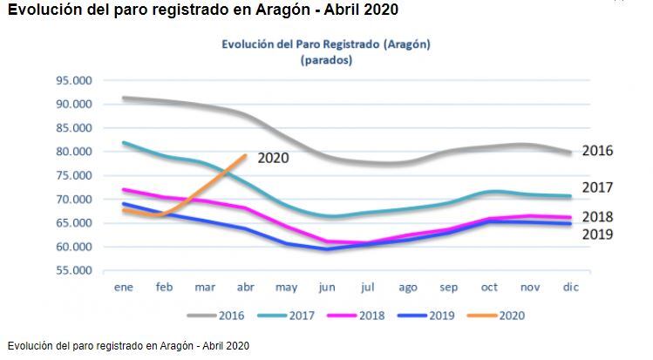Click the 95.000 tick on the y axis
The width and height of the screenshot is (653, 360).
(74, 80)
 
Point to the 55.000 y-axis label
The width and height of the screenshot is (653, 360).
(74, 270)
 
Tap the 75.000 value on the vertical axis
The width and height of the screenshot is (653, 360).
(74, 175)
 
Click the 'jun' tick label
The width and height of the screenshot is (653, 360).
(328, 286)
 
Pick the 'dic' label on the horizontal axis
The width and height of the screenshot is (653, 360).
(569, 286)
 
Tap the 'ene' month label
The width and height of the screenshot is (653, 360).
(123, 286)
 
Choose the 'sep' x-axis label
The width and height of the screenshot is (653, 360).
(448, 286)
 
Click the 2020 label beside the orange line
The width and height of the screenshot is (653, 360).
(273, 158)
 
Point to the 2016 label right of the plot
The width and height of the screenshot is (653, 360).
(597, 150)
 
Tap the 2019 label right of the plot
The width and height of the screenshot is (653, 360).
(597, 234)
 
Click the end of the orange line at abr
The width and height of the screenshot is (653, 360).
(245, 156)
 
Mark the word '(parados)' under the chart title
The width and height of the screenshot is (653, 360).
(326, 60)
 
